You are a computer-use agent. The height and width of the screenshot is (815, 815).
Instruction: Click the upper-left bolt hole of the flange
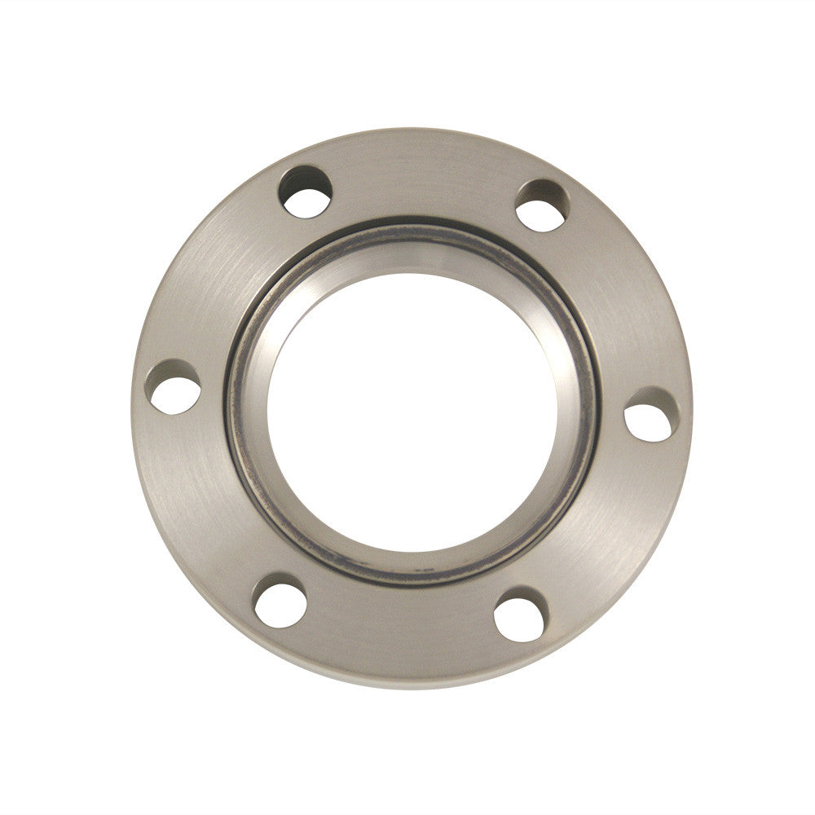pyautogui.click(x=306, y=192)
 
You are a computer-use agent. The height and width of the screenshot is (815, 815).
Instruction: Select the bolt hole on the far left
pyautogui.click(x=174, y=385)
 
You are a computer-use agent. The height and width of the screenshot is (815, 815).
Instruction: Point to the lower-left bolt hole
pyautogui.click(x=280, y=602)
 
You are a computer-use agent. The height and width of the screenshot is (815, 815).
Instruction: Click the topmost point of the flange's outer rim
pyautogui.click(x=412, y=129)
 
